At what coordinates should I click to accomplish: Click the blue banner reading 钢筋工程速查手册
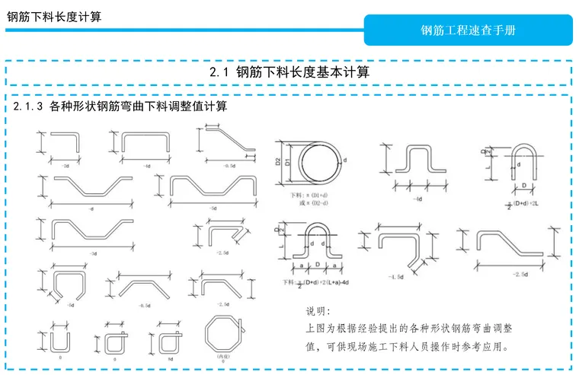tap(468, 30)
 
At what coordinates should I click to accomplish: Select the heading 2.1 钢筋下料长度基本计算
tap(289, 73)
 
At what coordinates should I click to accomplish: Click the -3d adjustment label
tap(92, 253)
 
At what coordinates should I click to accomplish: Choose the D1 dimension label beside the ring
tap(287, 163)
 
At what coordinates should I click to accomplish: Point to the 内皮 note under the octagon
tap(222, 356)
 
